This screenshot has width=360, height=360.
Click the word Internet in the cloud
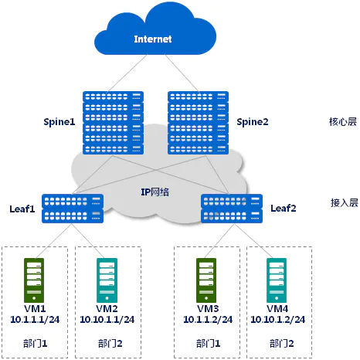pyautogui.click(x=153, y=39)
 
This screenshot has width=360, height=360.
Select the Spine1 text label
pyautogui.click(x=59, y=121)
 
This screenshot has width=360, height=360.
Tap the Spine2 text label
pyautogui.click(x=253, y=121)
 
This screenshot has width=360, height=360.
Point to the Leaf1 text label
pyautogui.click(x=22, y=209)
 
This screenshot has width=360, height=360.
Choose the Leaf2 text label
pyautogui.click(x=284, y=208)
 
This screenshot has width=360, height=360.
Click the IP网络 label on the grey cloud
pyautogui.click(x=155, y=192)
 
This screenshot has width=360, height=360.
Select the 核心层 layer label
pyautogui.click(x=343, y=121)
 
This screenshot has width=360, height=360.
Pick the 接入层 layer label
pyautogui.click(x=345, y=203)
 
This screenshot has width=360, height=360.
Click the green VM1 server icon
pyautogui.click(x=34, y=280)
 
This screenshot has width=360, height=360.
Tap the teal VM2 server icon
pyautogui.click(x=107, y=280)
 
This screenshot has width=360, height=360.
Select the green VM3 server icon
pyautogui.click(x=206, y=280)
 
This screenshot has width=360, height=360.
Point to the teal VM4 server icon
pyautogui.click(x=277, y=280)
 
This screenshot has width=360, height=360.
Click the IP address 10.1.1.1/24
pyautogui.click(x=35, y=320)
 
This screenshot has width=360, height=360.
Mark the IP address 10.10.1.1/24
pyautogui.click(x=107, y=320)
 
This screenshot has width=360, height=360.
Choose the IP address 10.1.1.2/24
pyautogui.click(x=208, y=320)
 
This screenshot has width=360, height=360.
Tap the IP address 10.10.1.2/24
pyautogui.click(x=278, y=320)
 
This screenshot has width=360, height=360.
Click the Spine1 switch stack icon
pyautogui.click(x=113, y=123)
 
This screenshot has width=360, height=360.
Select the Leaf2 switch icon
pyautogui.click(x=232, y=209)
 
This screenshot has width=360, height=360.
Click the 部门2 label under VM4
pyautogui.click(x=282, y=343)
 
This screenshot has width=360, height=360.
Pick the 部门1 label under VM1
pyautogui.click(x=36, y=343)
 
